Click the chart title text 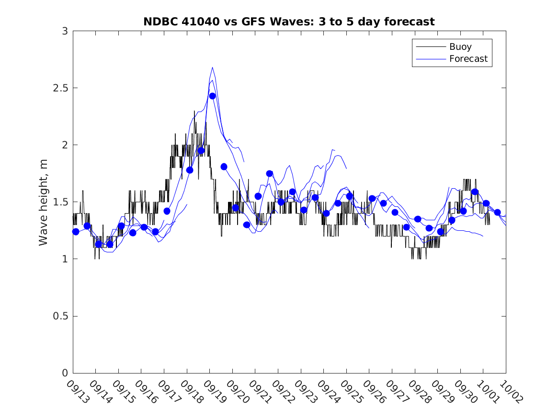(289, 22)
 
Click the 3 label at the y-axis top (64, 31)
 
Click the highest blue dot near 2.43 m (212, 96)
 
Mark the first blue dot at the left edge (76, 232)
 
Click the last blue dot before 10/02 (497, 212)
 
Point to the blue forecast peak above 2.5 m (212, 68)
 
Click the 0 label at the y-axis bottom (64, 373)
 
